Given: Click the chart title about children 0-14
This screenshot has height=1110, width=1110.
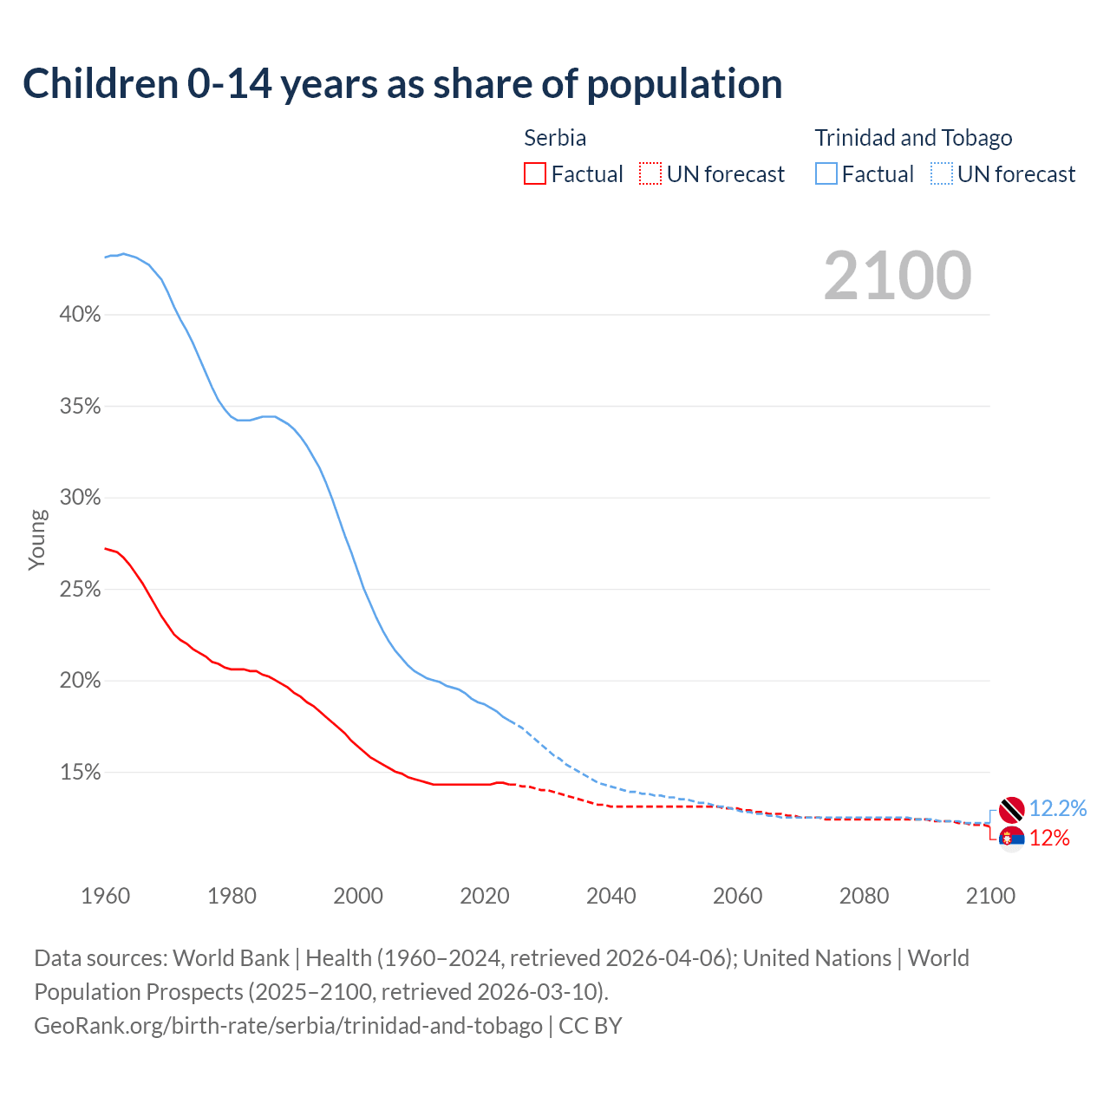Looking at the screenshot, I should [402, 84].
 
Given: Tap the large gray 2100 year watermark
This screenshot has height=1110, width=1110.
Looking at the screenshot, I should [898, 276].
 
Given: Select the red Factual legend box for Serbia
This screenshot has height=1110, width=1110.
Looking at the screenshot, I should [535, 174].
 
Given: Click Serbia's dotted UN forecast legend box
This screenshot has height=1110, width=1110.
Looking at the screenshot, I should [650, 174].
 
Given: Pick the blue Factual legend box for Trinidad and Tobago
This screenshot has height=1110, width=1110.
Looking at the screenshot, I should [826, 174].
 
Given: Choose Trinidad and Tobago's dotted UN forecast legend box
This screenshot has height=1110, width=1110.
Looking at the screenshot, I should [942, 174].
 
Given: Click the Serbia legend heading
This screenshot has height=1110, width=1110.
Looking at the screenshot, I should [555, 138].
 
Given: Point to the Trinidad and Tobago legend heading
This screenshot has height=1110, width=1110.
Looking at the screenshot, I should [913, 138].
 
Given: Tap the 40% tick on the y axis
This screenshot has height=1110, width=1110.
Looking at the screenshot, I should [81, 315].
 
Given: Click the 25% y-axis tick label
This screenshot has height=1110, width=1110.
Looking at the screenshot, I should [81, 590].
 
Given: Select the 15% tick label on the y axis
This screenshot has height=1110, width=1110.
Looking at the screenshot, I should [81, 773].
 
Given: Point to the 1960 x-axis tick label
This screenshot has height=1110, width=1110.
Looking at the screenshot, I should [106, 896].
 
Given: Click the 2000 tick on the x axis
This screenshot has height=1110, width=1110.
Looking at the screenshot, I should [358, 896].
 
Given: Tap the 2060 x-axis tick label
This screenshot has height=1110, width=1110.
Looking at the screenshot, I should [737, 896].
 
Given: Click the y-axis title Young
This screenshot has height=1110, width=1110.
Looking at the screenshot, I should [37, 539].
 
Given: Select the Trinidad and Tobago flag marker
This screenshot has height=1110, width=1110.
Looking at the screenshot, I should [1011, 809].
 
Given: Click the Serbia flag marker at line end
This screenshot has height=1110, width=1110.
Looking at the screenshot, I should [1011, 839].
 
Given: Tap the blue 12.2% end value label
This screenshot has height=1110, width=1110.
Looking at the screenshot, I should [1058, 809].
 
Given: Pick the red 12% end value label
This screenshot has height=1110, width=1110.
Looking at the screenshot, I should [1049, 839].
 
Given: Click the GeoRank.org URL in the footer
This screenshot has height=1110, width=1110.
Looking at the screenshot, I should [288, 1026].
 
